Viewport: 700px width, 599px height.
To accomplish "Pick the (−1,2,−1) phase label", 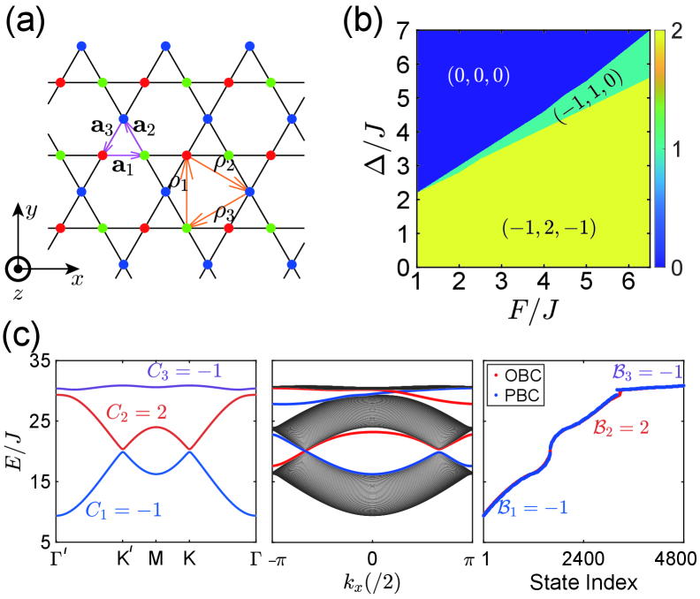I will (x=548, y=229).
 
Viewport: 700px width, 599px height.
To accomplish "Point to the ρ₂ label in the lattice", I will (x=226, y=161).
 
